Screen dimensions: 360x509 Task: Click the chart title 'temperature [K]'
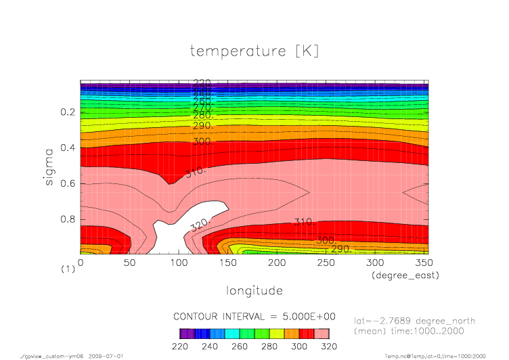254,51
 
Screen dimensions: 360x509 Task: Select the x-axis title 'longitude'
254,291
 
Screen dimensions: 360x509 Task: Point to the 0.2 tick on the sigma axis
67,112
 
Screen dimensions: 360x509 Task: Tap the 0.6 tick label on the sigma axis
67,183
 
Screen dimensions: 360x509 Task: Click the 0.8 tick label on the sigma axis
67,219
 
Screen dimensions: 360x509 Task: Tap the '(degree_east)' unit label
404,275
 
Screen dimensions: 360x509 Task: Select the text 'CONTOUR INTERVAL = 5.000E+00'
255,317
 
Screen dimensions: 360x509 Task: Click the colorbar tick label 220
180,346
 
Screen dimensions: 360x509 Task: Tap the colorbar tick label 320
329,346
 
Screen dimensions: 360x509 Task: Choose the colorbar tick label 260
240,346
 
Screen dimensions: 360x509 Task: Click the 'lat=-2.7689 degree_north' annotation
415,321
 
